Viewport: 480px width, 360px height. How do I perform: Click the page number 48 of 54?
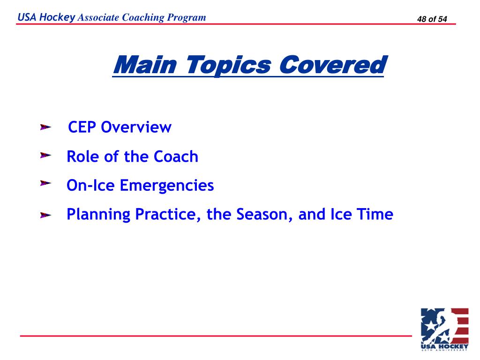pyautogui.click(x=432, y=19)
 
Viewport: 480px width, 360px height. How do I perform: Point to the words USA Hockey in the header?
pyautogui.click(x=46, y=18)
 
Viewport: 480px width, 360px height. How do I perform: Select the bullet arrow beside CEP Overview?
pyautogui.click(x=45, y=127)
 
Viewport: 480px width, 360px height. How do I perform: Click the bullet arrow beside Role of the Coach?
pyautogui.click(x=45, y=155)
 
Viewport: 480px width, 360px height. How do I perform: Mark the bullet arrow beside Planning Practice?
pyautogui.click(x=45, y=215)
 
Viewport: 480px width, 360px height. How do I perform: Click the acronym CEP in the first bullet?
pyautogui.click(x=82, y=127)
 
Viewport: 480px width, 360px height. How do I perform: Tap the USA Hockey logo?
pyautogui.click(x=444, y=329)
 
